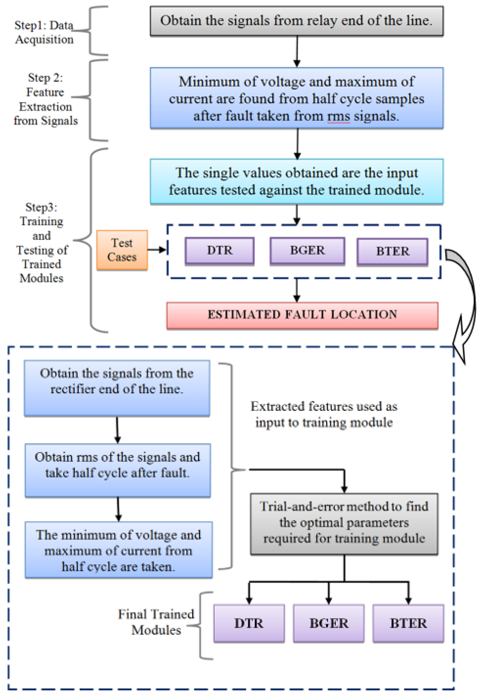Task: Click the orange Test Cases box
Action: (122, 250)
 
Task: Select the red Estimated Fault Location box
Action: (302, 315)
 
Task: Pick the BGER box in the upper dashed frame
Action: (307, 251)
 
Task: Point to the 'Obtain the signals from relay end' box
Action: (297, 21)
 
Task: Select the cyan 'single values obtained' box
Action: (297, 182)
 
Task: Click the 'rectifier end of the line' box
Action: (117, 388)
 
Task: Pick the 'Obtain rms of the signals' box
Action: (118, 470)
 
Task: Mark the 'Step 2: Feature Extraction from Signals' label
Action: (45, 99)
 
